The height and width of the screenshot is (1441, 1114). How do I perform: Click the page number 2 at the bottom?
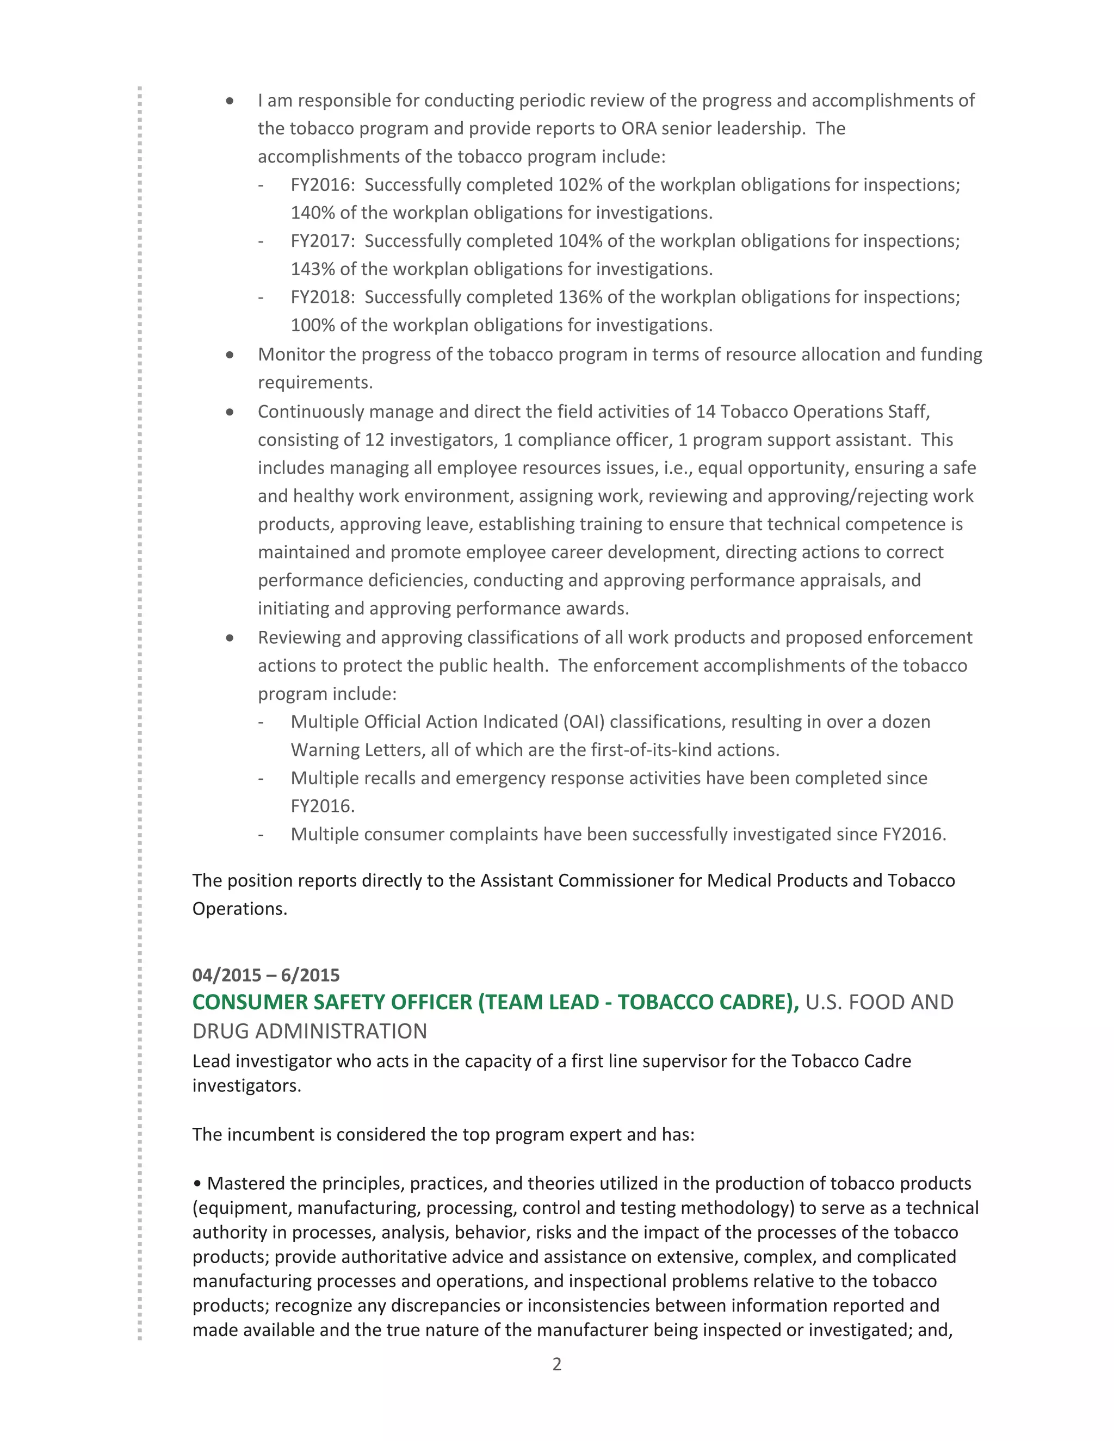pos(556,1364)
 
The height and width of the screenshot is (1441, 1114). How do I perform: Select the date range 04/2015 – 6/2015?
pos(265,975)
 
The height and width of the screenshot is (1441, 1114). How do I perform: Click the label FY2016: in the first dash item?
pos(322,185)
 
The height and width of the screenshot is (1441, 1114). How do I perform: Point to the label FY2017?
pos(322,241)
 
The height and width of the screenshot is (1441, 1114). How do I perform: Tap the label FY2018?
pos(322,297)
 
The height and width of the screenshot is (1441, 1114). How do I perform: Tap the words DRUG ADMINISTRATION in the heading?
pos(310,1031)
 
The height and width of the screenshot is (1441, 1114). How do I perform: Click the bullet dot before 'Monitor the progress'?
pos(230,355)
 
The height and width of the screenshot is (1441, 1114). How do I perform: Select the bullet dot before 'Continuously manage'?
pos(230,412)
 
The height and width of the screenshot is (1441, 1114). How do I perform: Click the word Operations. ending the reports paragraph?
pos(239,909)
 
